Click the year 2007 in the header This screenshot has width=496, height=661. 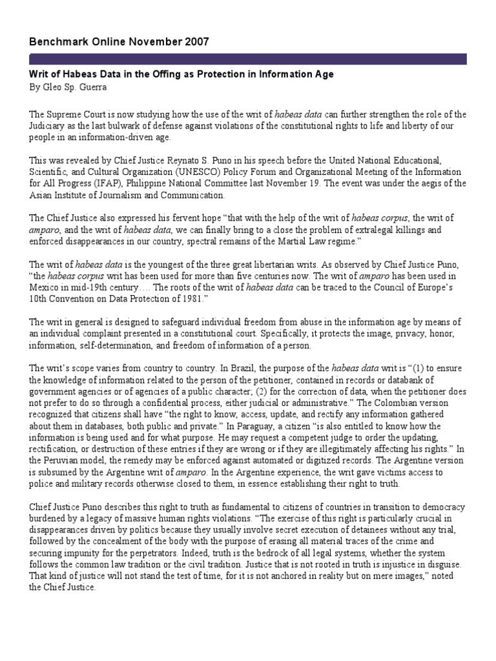(196, 42)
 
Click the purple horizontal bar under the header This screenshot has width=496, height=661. (248, 59)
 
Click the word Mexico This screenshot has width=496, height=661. (43, 289)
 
